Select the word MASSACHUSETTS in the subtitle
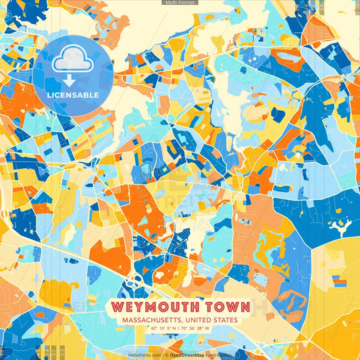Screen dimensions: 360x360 pyautogui.click(x=150, y=320)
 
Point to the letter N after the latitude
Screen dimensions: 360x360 pyautogui.click(x=172, y=329)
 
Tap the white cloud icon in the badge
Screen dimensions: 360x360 pyautogui.click(x=72, y=59)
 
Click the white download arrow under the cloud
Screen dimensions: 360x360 pyautogui.click(x=72, y=79)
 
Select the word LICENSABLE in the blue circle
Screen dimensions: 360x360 pyautogui.click(x=72, y=95)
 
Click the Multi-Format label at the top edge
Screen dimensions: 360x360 pyautogui.click(x=180, y=3)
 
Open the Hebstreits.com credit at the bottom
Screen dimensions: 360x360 pyautogui.click(x=144, y=355)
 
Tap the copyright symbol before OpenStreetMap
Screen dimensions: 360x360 pyautogui.click(x=168, y=355)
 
